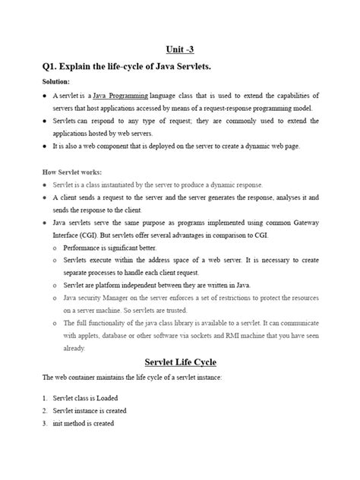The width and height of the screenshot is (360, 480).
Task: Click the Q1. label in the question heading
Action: tap(55, 68)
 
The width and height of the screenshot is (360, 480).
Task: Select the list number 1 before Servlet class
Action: tap(45, 396)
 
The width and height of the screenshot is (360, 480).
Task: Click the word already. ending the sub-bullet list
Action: tap(74, 348)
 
